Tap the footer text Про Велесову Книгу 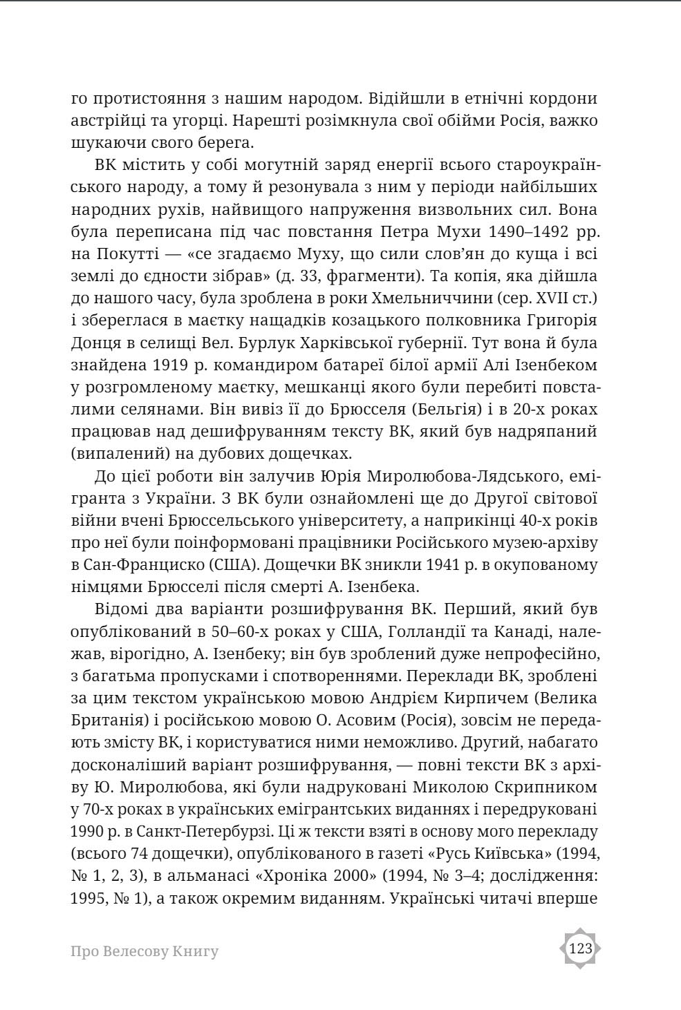144,951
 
